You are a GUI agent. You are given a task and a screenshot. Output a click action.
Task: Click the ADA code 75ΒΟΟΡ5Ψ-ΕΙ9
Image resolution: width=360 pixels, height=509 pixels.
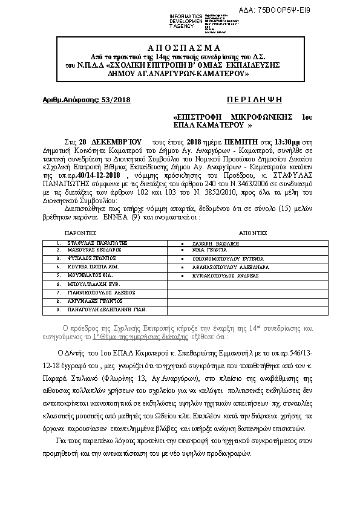tap(309, 10)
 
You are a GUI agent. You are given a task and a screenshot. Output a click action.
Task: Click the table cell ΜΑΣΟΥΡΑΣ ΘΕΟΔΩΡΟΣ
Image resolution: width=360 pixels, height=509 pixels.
tap(94, 249)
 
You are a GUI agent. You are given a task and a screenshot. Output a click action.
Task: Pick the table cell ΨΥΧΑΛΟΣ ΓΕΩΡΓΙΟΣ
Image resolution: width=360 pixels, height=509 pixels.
tap(91, 258)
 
